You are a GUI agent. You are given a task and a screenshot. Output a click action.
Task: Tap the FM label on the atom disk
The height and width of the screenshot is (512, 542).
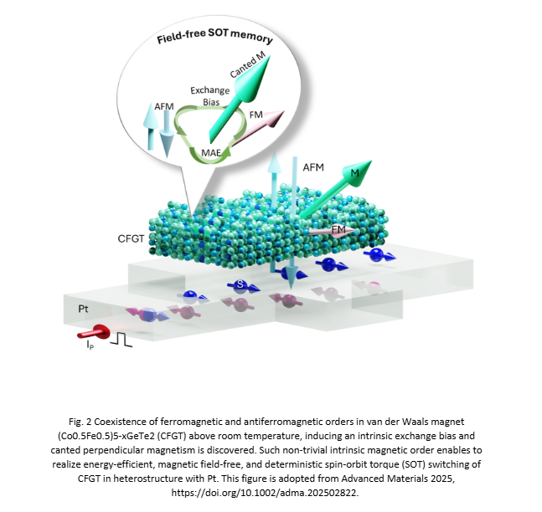tap(339, 228)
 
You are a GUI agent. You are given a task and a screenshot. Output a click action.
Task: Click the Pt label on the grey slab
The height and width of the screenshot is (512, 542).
tap(75, 308)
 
